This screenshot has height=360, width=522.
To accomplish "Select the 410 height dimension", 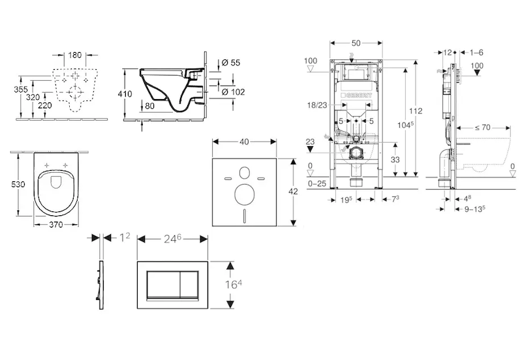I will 125,94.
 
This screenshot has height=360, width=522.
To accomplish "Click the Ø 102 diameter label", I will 232,91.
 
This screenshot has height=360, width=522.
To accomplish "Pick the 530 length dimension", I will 19,185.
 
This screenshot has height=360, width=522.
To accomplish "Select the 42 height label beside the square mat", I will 293,191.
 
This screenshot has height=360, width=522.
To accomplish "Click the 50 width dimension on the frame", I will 355,43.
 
